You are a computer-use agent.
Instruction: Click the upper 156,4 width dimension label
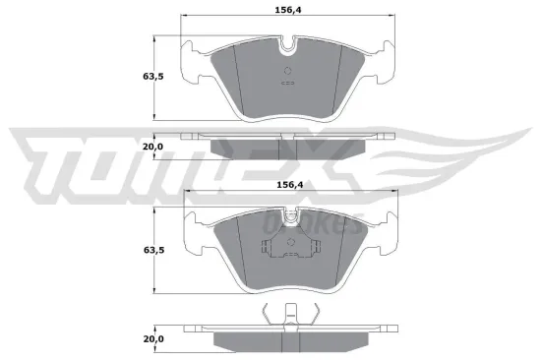pos(287,11)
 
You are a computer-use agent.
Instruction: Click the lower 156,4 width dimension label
pos(287,182)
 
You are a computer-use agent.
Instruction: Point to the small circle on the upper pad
pos(286,71)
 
